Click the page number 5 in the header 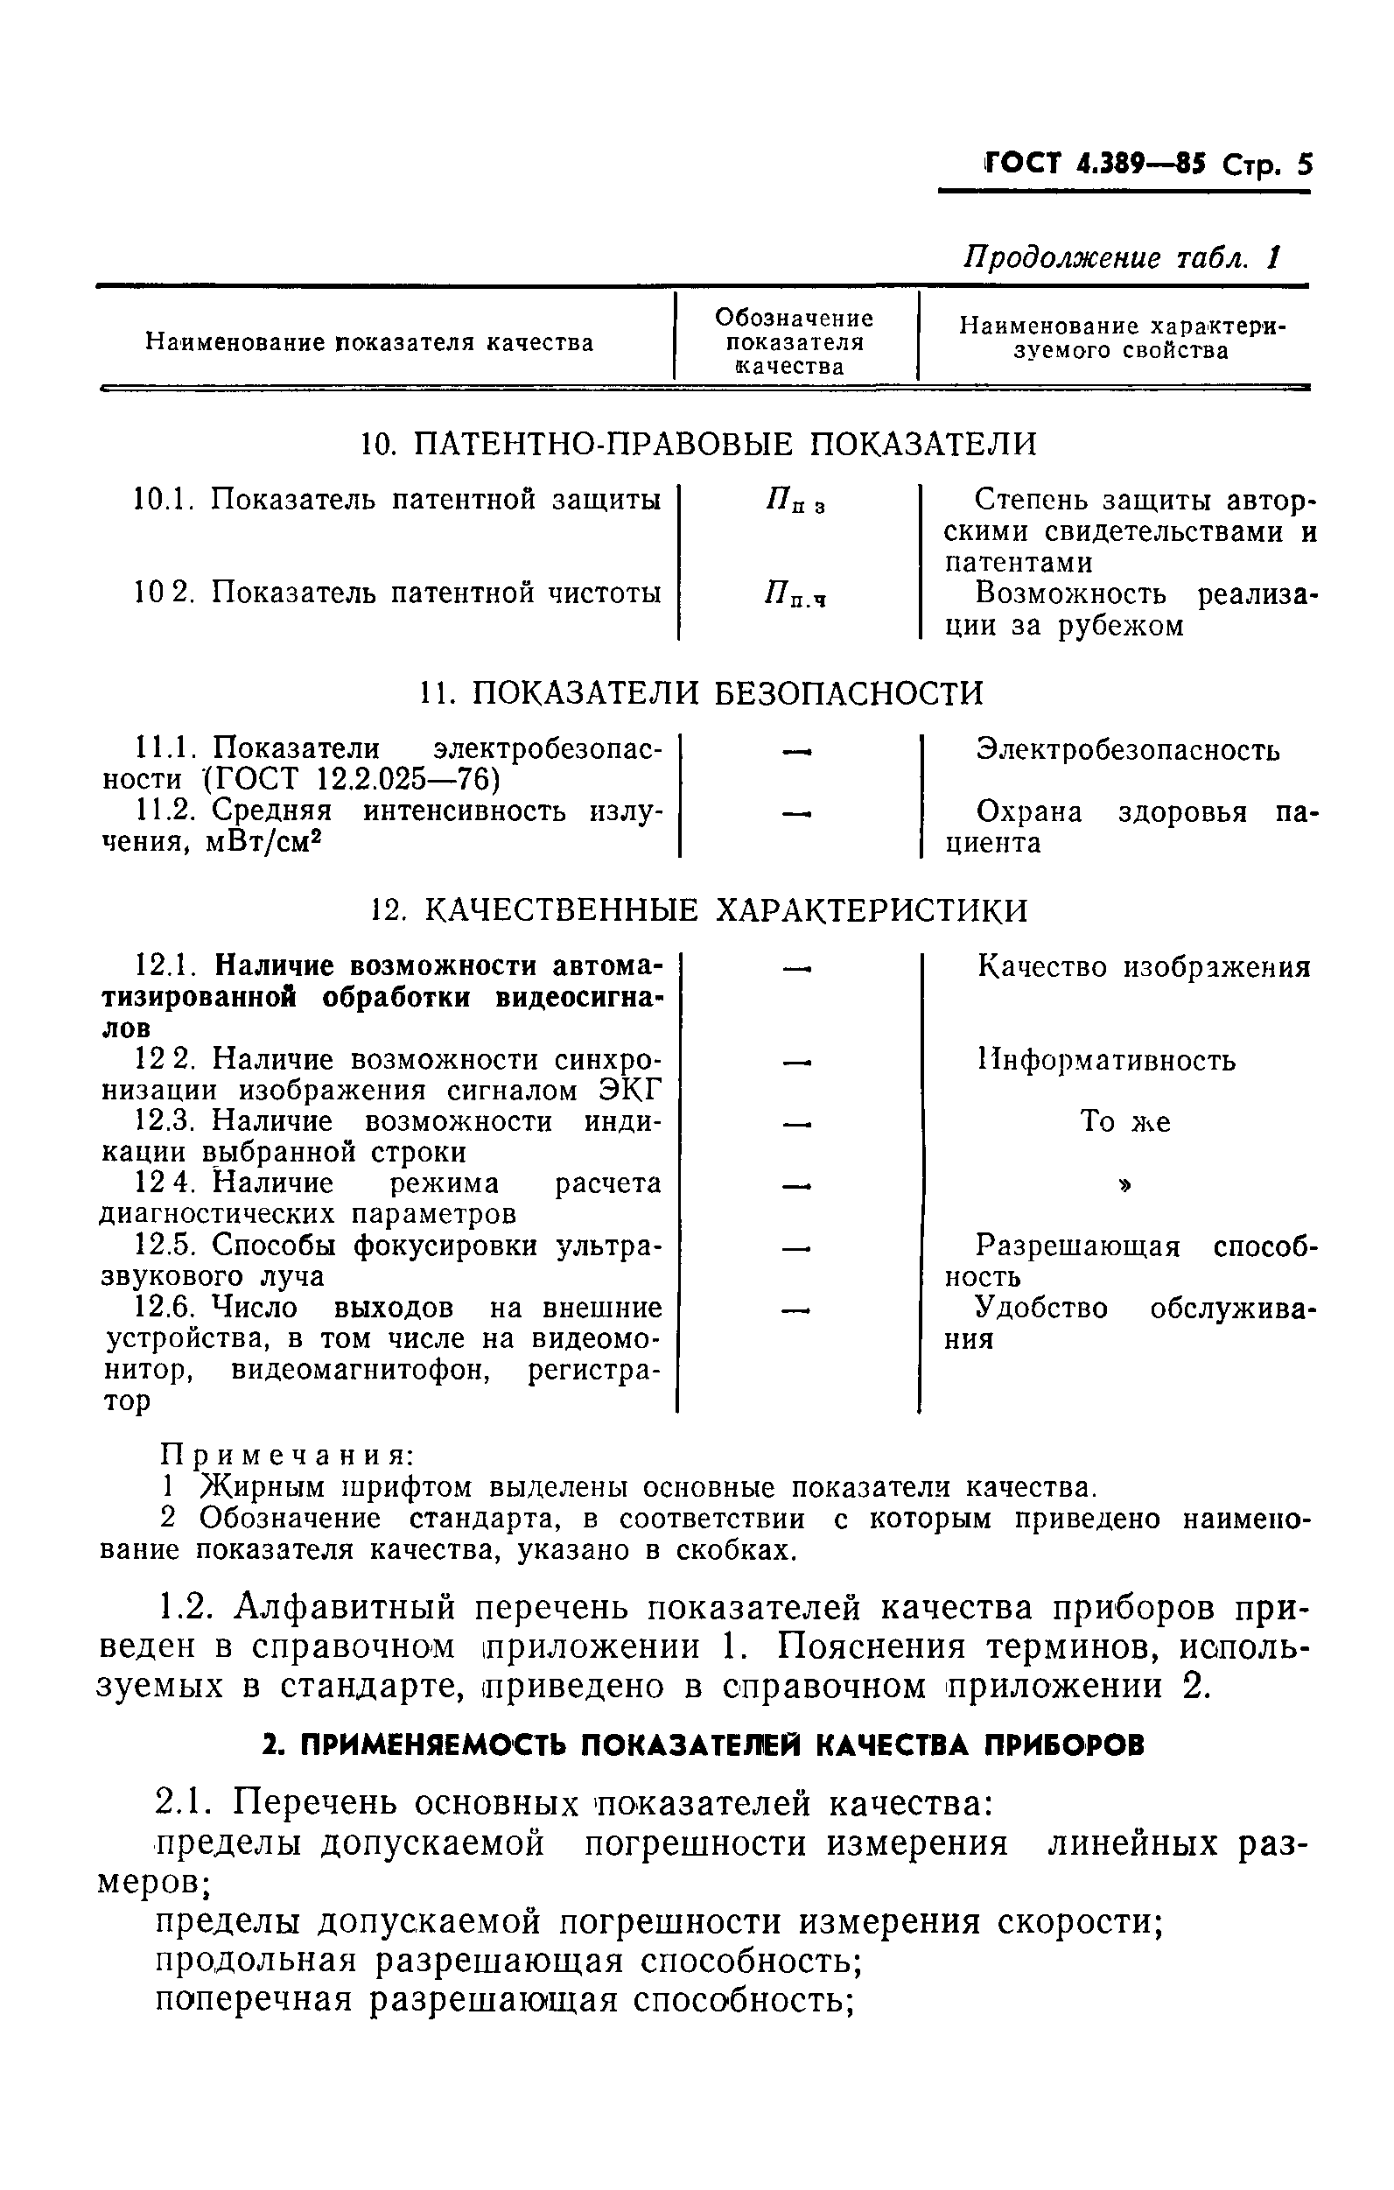pyautogui.click(x=1303, y=165)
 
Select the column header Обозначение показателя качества pyautogui.click(x=793, y=342)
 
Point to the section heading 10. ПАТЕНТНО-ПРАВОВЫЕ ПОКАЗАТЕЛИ pyautogui.click(x=698, y=444)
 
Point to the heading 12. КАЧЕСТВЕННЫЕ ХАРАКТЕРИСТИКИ pyautogui.click(x=700, y=909)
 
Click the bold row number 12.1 pyautogui.click(x=167, y=965)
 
